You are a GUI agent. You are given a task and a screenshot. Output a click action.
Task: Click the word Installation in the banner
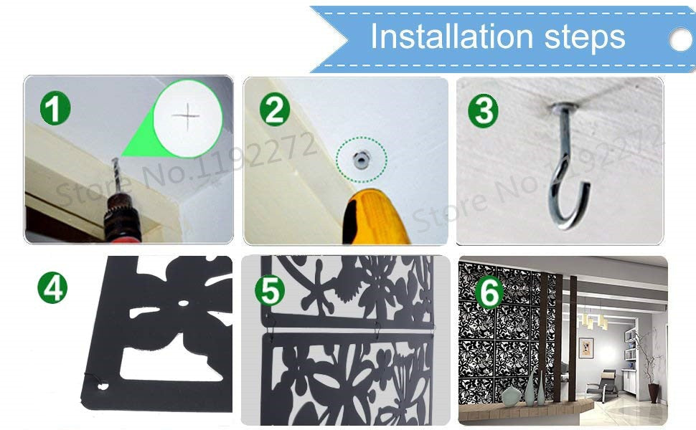[451, 37]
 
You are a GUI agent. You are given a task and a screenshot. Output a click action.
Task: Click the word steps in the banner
[585, 39]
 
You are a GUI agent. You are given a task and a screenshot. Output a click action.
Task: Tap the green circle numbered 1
[55, 108]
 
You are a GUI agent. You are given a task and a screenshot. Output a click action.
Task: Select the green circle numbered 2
[275, 109]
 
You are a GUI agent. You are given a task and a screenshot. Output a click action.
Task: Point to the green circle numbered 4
[52, 287]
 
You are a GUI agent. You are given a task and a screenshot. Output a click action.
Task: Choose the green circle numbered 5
[270, 290]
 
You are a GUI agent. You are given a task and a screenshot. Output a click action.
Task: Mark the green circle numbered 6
[489, 293]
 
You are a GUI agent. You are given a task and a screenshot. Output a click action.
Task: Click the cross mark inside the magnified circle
[187, 117]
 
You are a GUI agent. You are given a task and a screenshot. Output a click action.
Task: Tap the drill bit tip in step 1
[115, 160]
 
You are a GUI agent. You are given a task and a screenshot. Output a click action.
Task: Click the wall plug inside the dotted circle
[362, 159]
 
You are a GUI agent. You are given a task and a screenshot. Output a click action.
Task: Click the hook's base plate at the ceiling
[563, 107]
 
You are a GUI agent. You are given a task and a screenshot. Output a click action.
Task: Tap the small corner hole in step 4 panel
[103, 386]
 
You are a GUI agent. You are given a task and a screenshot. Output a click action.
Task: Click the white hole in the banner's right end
[682, 39]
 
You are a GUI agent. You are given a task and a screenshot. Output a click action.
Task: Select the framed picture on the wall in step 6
[586, 348]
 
